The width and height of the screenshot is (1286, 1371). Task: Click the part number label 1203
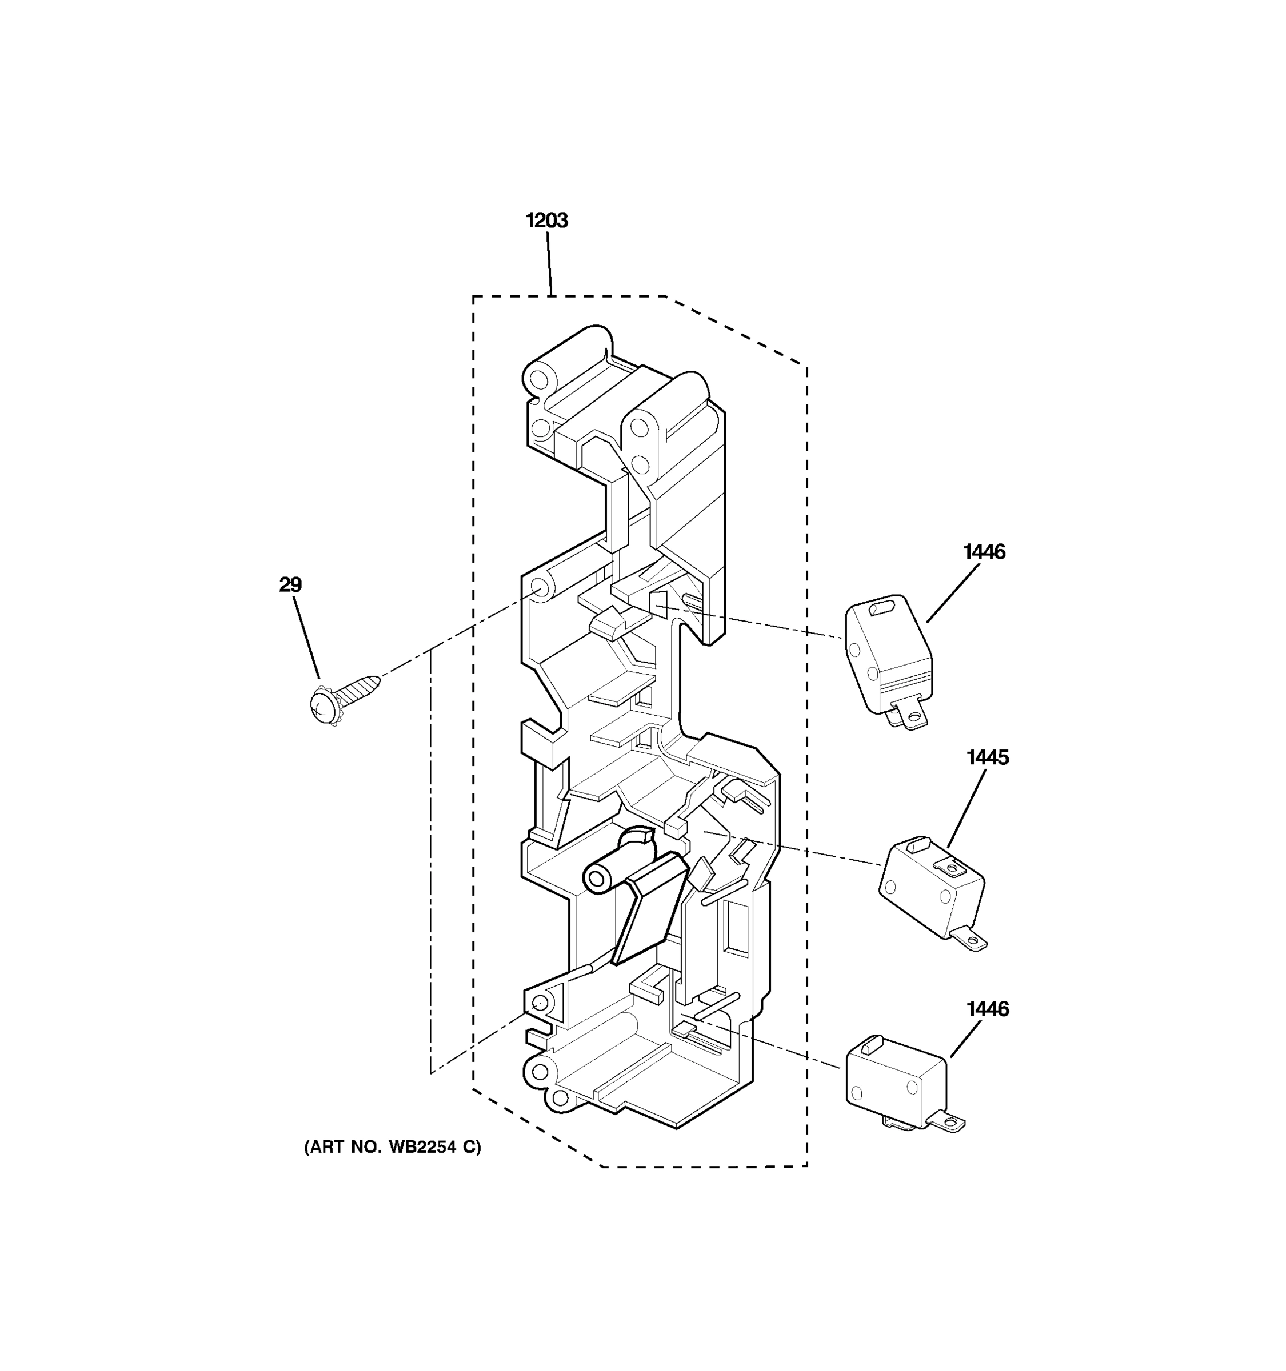tap(546, 221)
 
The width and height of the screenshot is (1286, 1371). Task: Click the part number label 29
tap(290, 585)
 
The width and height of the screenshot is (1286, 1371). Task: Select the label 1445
tap(987, 757)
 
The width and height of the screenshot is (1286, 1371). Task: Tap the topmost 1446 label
tap(984, 552)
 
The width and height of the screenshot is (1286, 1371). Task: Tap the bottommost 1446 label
tap(987, 1009)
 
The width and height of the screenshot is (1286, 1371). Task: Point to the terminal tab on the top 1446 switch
tap(910, 717)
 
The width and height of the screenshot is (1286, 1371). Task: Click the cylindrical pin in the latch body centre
tap(607, 872)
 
